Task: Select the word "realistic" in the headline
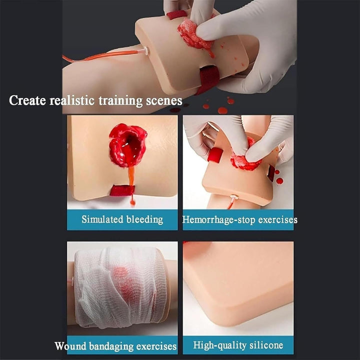(75, 100)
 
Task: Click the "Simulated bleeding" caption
(122, 219)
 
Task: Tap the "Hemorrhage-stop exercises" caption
(239, 219)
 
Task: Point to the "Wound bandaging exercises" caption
(115, 346)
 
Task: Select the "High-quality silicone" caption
(238, 345)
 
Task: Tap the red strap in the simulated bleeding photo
(122, 190)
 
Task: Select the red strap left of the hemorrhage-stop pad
(215, 155)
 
